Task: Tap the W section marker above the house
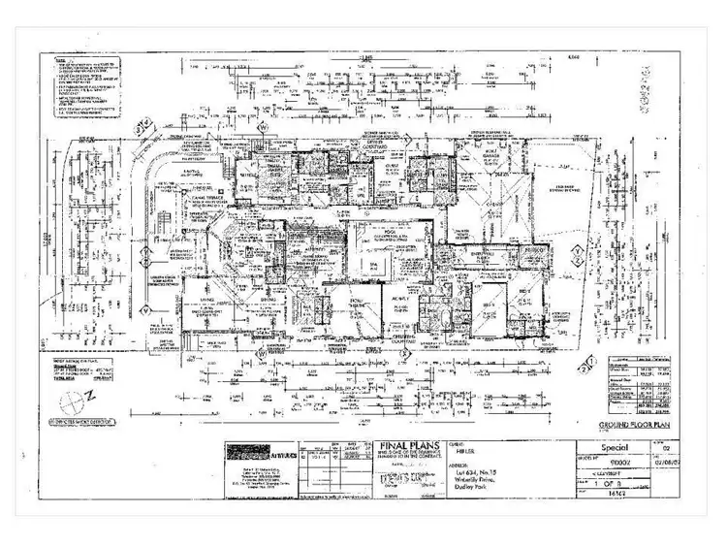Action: pos(262,127)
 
